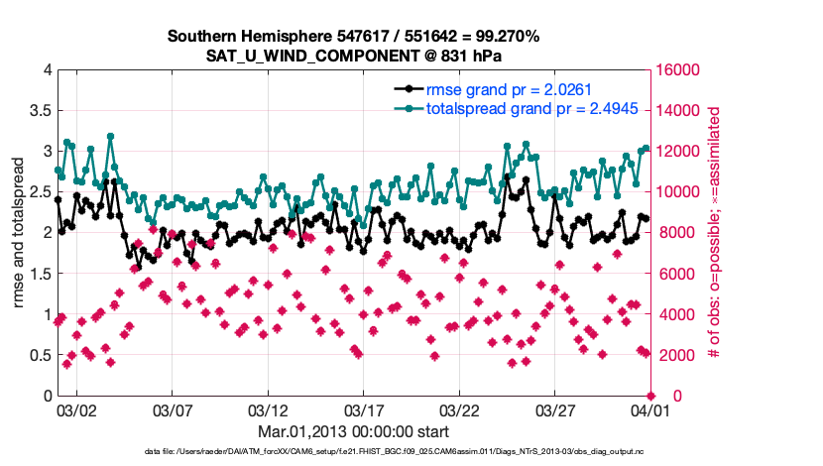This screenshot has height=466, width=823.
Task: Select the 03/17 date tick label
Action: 363,409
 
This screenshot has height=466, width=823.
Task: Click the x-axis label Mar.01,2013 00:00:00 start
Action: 354,431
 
